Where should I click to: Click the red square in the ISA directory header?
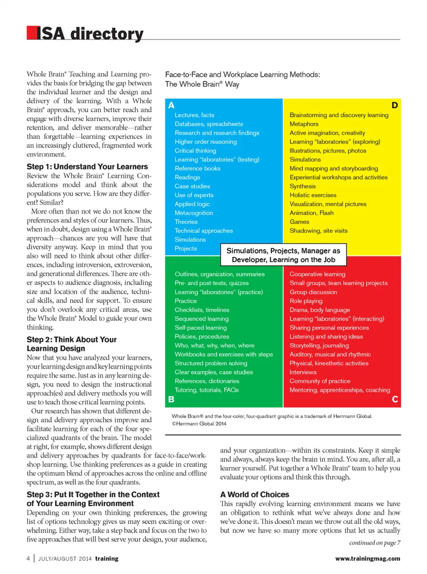[x=32, y=33]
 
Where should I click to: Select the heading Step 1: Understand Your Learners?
[x=87, y=167]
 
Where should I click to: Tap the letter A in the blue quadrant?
[x=171, y=105]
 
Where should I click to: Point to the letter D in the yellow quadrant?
[x=395, y=105]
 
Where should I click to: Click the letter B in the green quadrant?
[x=171, y=399]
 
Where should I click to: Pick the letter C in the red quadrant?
[x=395, y=399]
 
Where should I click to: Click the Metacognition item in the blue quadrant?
[x=193, y=213]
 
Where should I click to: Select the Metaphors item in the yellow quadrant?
[x=304, y=124]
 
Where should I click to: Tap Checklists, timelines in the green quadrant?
[x=202, y=310]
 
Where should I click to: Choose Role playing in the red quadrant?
[x=306, y=301]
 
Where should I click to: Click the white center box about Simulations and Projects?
[x=283, y=255]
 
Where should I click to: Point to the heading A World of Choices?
[x=254, y=495]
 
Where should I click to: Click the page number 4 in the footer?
[x=28, y=558]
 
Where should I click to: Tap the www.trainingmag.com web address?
[x=367, y=558]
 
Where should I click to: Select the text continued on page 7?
[x=375, y=543]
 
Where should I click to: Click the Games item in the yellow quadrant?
[x=299, y=222]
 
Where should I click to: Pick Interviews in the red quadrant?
[x=303, y=372]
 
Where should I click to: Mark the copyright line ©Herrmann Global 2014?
[x=199, y=424]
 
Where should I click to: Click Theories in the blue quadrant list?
[x=186, y=222]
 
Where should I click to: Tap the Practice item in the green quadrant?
[x=185, y=301]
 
